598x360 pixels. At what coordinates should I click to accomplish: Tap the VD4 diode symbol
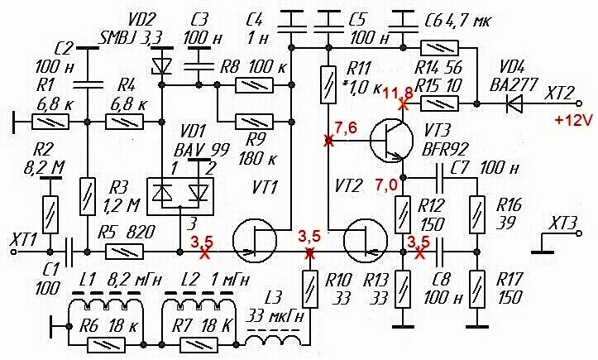[x=514, y=103]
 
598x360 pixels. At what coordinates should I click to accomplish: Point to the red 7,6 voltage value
[x=346, y=127]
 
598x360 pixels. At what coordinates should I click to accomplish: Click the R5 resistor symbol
[x=124, y=252]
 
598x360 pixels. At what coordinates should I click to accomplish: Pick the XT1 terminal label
[x=24, y=240]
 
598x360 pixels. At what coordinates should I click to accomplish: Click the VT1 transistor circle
[x=255, y=241]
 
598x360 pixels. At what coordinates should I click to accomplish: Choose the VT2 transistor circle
[x=366, y=241]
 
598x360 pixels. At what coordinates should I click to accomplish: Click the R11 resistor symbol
[x=328, y=84]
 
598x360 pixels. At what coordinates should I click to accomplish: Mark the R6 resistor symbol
[x=107, y=345]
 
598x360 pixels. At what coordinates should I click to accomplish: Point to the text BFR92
[x=444, y=149]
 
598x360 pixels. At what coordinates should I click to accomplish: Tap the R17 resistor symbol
[x=476, y=290]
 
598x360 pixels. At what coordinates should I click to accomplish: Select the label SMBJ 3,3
[x=131, y=38]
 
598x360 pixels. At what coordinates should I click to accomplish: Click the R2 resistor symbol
[x=50, y=214]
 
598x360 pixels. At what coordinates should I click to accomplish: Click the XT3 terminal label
[x=562, y=223]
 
